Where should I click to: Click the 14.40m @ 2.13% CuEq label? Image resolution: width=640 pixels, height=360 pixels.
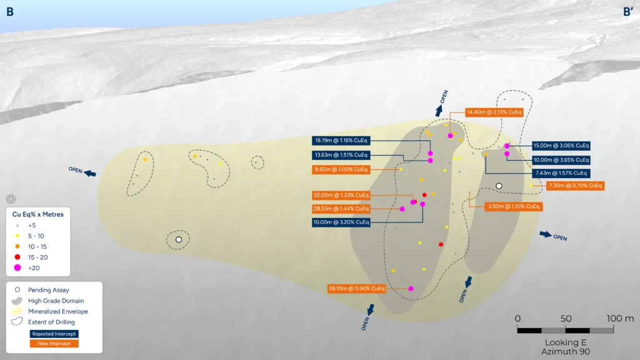point(494,112)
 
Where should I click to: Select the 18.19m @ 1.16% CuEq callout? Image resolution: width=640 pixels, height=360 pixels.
point(341,141)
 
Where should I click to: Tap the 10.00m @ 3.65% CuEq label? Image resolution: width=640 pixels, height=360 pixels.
point(561,160)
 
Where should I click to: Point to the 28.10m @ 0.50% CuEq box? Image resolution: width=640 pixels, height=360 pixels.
point(357,289)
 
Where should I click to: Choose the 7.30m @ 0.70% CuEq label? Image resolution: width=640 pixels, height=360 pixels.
point(575,186)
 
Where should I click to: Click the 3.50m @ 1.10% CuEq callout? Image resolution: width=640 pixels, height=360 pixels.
point(514,206)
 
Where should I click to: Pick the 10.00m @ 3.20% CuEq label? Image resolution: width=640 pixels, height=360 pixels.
point(341,222)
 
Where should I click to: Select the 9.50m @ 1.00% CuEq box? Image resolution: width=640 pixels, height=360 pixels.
point(341,169)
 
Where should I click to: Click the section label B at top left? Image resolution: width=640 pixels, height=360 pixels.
point(10,12)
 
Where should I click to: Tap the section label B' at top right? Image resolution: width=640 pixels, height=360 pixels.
point(627,12)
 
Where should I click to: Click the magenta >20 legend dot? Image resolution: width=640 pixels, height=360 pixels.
point(17,267)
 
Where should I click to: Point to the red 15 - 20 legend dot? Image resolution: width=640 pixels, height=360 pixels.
point(17,257)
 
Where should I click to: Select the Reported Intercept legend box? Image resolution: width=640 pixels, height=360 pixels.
point(54,334)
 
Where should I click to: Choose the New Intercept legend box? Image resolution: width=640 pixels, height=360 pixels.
point(54,344)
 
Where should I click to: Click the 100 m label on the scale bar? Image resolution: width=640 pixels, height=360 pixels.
point(620,318)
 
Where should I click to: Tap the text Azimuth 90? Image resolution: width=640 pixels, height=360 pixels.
point(565,351)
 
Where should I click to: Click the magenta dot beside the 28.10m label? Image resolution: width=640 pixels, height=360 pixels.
point(411,289)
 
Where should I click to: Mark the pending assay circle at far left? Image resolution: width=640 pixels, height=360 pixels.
point(179,239)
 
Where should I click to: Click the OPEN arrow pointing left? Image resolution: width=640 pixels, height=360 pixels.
point(90,174)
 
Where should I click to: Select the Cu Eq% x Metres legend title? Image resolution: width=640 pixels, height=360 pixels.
point(38,214)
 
